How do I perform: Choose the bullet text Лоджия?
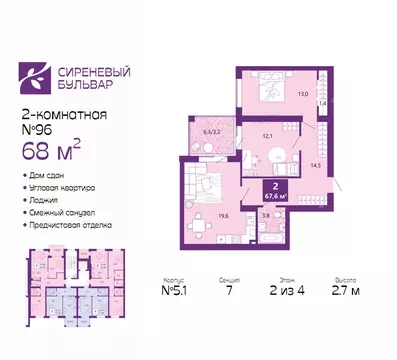coord(46,201)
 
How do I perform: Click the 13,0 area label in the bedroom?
coord(303,96)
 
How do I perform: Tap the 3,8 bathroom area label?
coord(265,214)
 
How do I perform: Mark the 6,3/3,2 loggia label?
coord(212,130)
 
